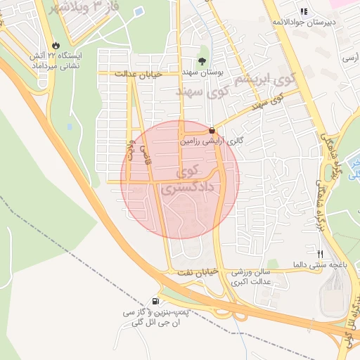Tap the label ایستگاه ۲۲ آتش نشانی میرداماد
click(55, 60)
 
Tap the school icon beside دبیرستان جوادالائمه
click(304, 11)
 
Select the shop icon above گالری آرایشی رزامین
click(212, 129)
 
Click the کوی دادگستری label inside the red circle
click(188, 180)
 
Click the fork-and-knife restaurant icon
click(321, 253)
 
